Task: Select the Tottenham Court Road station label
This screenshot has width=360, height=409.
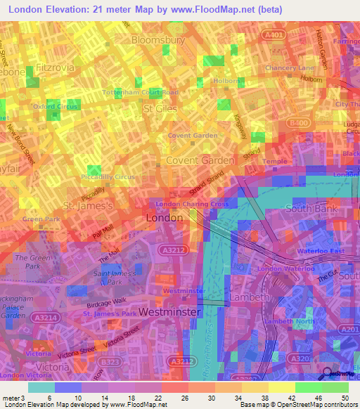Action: click(141, 92)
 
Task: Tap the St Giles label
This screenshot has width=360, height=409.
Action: click(159, 110)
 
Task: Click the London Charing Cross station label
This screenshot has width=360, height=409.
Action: click(192, 204)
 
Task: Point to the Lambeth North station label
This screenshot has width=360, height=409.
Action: click(292, 321)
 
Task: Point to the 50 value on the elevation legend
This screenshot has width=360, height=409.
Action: click(335, 398)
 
